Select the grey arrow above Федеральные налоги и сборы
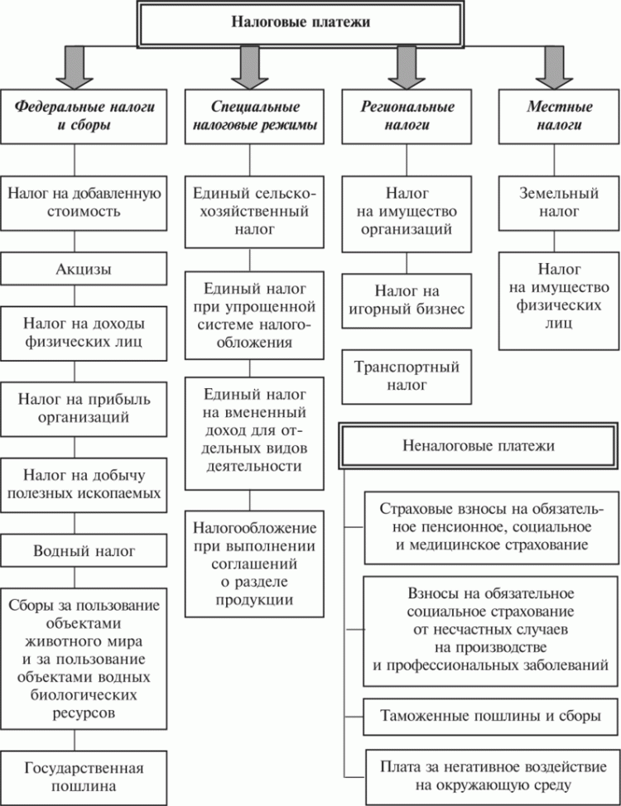pos(75,66)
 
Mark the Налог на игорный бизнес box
pos(406,301)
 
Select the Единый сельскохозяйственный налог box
pos(254,213)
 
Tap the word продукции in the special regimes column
pos(254,598)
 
